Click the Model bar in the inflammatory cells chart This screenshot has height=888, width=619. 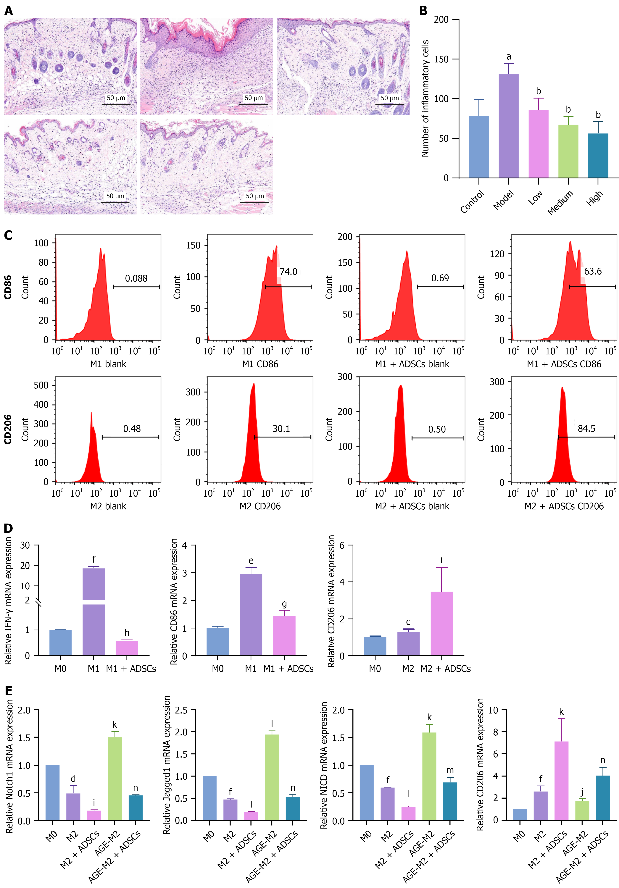(508, 126)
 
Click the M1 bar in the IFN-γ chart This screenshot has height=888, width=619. (94, 611)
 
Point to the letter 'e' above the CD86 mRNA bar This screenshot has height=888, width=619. (251, 561)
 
